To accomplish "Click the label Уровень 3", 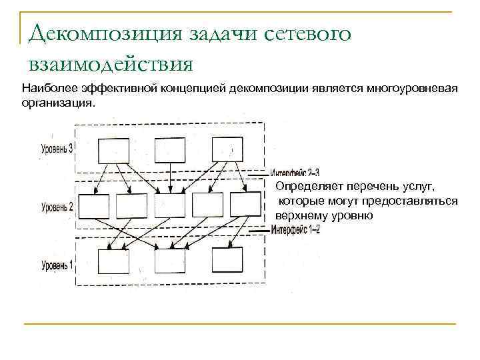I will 57,147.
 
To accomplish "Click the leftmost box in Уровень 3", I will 113,150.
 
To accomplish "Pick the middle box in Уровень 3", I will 170,150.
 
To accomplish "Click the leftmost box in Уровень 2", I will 93,205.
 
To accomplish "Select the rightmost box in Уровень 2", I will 245,205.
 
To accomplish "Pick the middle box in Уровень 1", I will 170,260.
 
